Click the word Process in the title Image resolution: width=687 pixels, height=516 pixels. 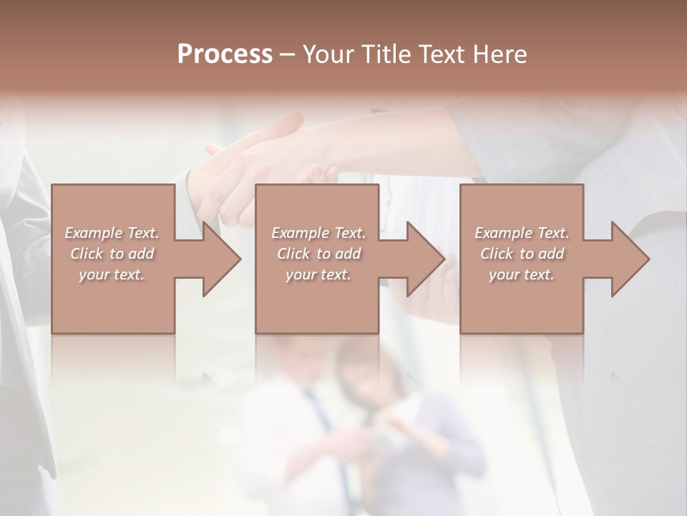[x=225, y=54]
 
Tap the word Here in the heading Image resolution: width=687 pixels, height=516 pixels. [x=502, y=54]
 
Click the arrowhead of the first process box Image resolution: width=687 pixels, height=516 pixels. [x=222, y=259]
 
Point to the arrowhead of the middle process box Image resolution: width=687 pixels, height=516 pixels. [x=426, y=259]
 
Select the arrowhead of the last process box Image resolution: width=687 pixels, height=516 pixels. [x=630, y=259]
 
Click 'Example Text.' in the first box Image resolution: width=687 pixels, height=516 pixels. [x=112, y=233]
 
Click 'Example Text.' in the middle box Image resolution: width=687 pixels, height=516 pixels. [x=318, y=233]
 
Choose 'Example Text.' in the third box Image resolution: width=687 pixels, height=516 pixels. [x=522, y=233]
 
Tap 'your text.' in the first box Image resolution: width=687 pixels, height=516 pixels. [x=112, y=274]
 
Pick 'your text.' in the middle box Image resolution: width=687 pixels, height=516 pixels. [x=318, y=274]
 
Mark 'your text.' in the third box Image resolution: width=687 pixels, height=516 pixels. [x=522, y=274]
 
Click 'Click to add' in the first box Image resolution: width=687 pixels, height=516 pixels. [x=112, y=254]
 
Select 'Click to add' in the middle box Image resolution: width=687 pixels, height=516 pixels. [x=318, y=254]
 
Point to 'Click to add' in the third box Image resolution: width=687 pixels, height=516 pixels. [x=522, y=254]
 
